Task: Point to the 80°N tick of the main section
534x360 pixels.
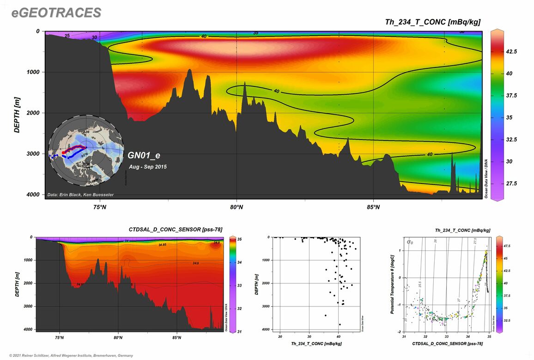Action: (237, 207)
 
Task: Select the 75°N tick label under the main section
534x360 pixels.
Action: (100, 207)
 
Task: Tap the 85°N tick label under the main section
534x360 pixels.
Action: (373, 207)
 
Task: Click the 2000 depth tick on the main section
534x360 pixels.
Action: (33, 113)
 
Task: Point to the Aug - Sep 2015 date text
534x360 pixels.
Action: (148, 166)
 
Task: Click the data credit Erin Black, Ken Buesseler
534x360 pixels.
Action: (80, 195)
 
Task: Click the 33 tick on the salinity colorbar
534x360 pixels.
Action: (240, 286)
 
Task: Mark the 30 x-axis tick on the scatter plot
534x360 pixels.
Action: (309, 336)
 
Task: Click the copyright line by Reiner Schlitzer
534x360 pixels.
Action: (67, 355)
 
